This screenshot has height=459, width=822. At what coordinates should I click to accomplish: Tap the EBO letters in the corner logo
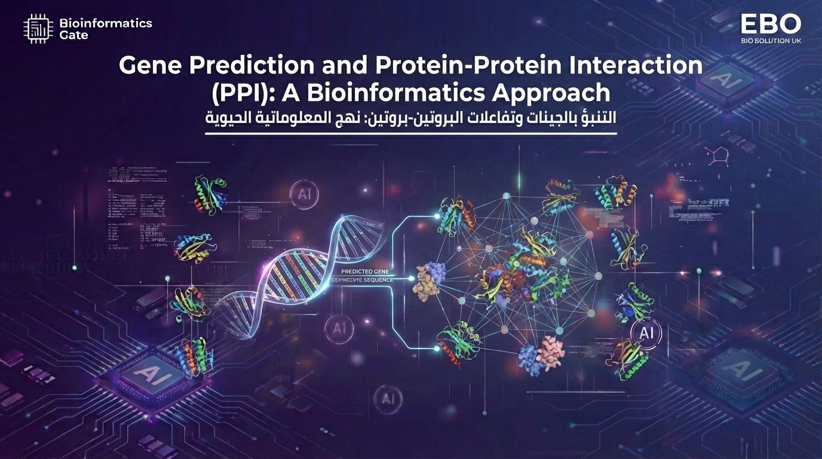pyautogui.click(x=771, y=25)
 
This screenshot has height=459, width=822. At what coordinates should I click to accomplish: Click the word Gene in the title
pyautogui.click(x=146, y=66)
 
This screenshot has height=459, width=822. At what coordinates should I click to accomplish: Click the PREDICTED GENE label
pyautogui.click(x=364, y=271)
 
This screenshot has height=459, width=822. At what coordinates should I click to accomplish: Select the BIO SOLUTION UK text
pyautogui.click(x=771, y=41)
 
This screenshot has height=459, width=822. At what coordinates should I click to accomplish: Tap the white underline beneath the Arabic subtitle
pyautogui.click(x=410, y=134)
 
